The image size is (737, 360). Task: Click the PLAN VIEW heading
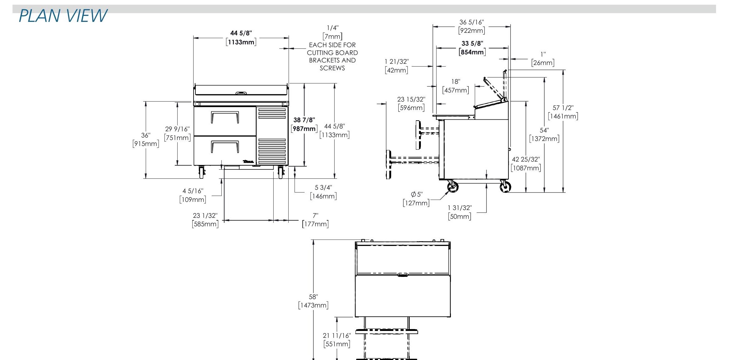[63, 16]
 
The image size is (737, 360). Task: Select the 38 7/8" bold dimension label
[304, 120]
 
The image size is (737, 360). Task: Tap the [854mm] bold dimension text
[472, 52]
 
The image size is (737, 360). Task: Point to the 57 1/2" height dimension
[563, 108]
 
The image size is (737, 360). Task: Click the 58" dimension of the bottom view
[313, 297]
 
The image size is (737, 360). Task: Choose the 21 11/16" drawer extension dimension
[337, 336]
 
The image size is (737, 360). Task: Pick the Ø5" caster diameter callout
[416, 194]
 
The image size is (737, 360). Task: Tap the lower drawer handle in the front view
[225, 147]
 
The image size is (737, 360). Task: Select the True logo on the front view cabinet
[248, 162]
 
